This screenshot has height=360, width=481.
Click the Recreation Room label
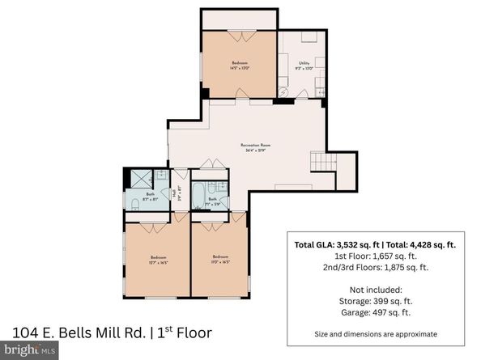tap(255, 147)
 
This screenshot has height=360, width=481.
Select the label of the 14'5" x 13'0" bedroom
tap(239, 66)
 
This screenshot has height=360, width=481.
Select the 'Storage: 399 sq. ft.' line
tap(374, 299)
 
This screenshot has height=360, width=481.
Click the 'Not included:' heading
tap(374, 288)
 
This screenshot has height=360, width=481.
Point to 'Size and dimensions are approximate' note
tap(374, 333)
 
